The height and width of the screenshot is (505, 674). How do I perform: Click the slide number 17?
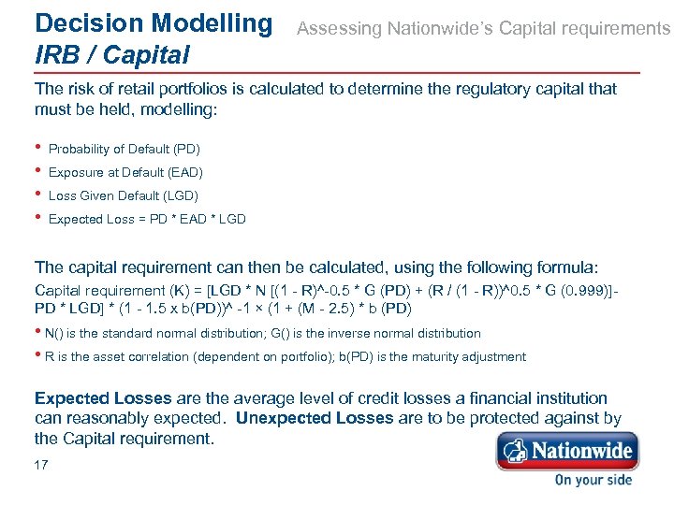point(41,465)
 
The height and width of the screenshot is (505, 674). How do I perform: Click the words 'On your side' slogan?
point(593,480)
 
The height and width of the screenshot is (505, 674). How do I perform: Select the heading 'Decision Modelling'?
point(153,22)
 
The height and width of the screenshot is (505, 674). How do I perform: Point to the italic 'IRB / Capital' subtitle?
point(111,54)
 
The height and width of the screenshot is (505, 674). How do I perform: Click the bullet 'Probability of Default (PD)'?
point(125,149)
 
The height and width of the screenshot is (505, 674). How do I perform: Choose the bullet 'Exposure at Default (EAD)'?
point(125,172)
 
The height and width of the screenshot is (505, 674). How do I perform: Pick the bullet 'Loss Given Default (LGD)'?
point(124,195)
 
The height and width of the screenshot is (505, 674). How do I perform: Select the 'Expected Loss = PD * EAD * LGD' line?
point(147,219)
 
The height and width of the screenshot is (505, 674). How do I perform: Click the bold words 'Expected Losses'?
point(103,398)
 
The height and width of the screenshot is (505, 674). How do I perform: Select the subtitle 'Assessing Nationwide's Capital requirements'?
point(483,29)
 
